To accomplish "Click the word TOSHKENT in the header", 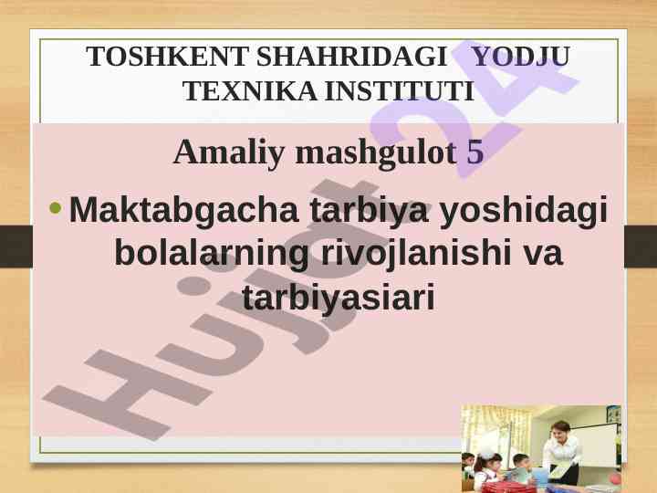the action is click(168, 57).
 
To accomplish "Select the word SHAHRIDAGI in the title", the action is click(351, 57).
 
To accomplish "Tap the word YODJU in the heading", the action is click(521, 57).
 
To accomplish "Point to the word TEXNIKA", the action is click(250, 91).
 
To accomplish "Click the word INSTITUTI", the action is click(400, 91).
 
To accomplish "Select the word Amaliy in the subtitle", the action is click(229, 152).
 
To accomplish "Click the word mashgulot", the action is click(376, 152).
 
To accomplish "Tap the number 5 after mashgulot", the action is click(475, 152).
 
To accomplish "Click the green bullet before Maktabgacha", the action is click(56, 207).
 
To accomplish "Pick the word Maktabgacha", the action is click(184, 210).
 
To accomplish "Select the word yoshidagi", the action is click(524, 210).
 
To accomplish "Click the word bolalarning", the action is click(212, 254).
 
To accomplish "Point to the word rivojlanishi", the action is click(416, 254).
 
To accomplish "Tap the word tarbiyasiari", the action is click(339, 298).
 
